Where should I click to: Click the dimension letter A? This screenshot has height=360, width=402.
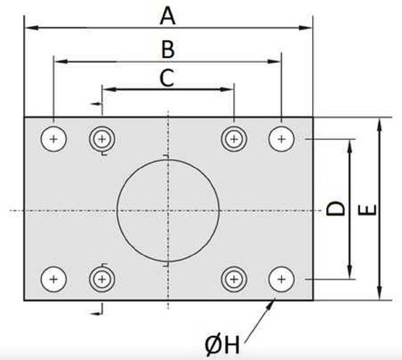pos(167,16)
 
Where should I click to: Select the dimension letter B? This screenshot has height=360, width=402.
pos(168,49)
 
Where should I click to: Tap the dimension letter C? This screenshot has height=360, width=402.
pos(167,77)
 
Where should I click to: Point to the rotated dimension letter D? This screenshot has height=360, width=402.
pos(335,208)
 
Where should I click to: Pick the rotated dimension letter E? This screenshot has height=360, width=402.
pos(367,210)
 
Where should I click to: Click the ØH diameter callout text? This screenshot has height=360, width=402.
pos(222,345)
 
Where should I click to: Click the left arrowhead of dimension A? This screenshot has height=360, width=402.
pos(32,28)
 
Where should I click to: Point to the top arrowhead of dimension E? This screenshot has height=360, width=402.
pos(379,125)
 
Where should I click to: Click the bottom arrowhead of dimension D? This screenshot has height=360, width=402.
pos(349,272)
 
